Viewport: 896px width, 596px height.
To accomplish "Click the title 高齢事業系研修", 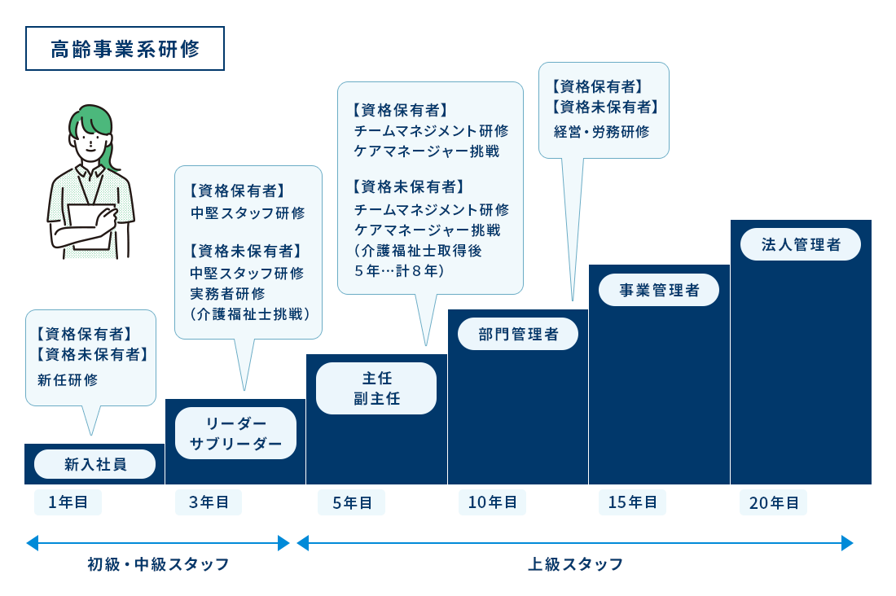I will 125,49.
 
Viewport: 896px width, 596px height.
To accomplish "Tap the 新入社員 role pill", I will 94,464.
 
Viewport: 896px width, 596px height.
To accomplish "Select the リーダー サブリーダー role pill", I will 235,433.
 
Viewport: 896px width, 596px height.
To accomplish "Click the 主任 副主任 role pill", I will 376,388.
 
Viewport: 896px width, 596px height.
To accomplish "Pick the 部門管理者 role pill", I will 518,334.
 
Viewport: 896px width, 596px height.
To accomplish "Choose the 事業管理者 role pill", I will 659,290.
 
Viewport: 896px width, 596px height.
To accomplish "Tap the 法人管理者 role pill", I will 800,244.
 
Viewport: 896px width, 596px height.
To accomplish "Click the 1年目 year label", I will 68,502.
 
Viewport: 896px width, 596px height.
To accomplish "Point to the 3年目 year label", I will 209,502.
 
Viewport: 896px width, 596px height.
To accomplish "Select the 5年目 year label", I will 352,503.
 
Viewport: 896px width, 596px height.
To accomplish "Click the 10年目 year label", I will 492,502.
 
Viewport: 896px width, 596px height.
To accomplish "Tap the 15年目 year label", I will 632,502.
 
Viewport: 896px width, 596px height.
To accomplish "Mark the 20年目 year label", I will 773,503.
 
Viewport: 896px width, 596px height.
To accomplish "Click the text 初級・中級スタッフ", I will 158,563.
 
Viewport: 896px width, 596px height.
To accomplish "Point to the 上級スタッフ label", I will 575,563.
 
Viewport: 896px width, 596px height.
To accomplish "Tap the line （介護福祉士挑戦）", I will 249,313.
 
